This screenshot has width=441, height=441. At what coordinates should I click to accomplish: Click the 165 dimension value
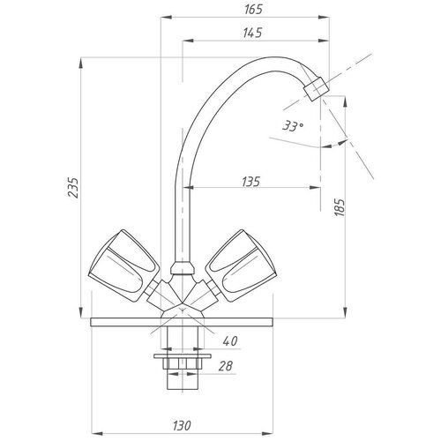pos(253,10)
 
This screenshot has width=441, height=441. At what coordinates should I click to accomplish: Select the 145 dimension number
pos(252,33)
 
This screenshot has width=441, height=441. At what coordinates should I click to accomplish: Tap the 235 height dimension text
pos(73,188)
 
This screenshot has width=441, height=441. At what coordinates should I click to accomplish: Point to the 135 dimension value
pos(251,182)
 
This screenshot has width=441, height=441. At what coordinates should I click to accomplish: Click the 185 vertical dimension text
pos(340,207)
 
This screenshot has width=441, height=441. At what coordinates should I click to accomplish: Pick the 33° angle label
pos(293,126)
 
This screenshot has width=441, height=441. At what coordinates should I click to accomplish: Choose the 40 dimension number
pos(230,341)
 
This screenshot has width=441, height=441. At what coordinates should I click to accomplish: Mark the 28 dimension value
pos(226,366)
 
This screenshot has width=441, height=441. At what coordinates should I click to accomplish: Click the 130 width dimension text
pos(182,425)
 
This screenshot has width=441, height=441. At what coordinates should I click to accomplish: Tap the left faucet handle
pos(124,265)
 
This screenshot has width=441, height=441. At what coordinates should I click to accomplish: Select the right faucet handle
pos(241,265)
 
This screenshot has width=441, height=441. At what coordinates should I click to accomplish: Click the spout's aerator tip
pos(316,88)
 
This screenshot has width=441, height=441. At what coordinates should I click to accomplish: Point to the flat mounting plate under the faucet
pos(182,322)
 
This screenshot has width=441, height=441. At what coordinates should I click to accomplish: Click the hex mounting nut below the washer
pos(183,363)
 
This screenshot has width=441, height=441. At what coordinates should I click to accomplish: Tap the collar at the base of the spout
pos(183,269)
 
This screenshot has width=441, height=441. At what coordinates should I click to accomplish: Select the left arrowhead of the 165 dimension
pos(166,18)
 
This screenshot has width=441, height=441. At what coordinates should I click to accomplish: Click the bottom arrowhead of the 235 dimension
pos(81,312)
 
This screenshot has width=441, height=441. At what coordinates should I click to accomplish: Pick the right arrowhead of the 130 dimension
pos(267,433)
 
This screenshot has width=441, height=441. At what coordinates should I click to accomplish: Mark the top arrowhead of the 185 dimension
pos(346,101)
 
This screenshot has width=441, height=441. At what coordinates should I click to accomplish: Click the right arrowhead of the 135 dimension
pos(315,187)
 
